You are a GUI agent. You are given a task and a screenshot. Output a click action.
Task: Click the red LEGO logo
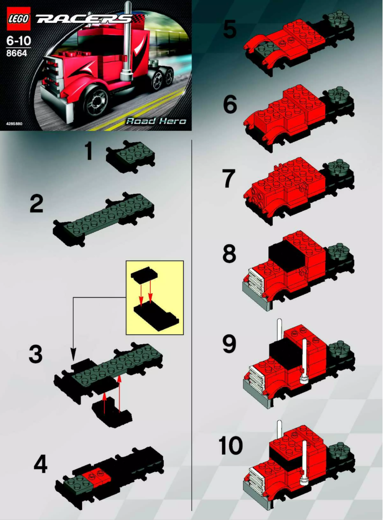point(18,19)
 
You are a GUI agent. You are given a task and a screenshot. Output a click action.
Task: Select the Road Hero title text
point(155,121)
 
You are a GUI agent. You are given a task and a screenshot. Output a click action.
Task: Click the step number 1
point(88,153)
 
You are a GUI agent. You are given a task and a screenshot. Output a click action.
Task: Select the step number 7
point(229,180)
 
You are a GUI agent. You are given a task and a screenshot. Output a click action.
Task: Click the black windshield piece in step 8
point(287,258)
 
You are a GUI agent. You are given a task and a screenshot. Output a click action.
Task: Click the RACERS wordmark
point(84,19)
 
